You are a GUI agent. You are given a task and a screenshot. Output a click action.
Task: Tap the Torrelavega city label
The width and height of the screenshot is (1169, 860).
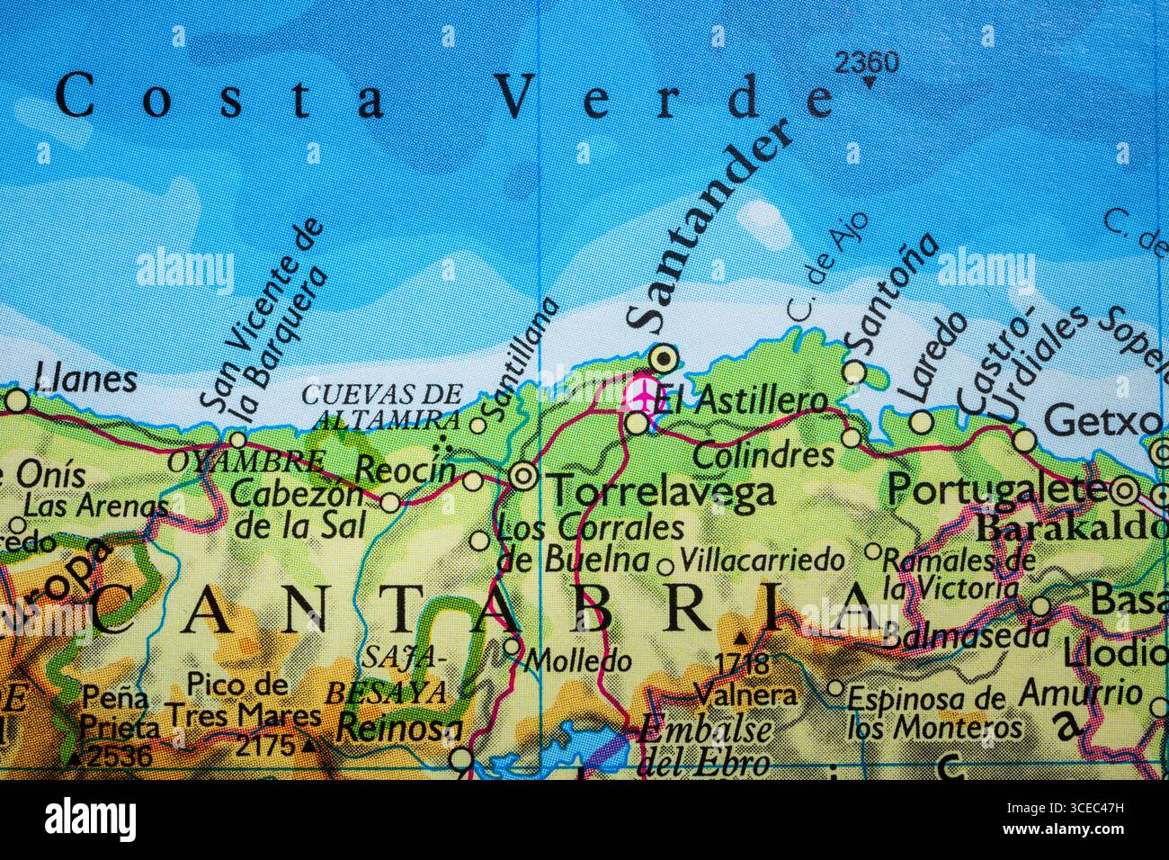coord(662,491)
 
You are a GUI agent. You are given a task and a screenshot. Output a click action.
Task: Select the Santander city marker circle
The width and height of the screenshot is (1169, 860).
coord(665,359)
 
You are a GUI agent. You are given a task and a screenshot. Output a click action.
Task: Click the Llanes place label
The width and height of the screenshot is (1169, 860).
coord(85,379)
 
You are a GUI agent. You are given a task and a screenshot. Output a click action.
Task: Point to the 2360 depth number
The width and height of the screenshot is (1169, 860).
coord(866,62)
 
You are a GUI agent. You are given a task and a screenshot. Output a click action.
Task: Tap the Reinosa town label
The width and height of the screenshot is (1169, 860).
coord(393,730)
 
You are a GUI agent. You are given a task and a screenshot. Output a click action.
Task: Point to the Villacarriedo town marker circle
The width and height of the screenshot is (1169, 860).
coord(665,567)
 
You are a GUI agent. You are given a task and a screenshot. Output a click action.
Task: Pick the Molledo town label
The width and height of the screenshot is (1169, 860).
coord(578,661)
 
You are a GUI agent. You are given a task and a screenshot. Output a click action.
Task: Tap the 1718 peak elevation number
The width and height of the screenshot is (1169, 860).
coord(742,665)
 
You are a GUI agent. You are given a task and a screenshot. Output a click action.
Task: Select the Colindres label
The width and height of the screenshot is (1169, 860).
coord(763,454)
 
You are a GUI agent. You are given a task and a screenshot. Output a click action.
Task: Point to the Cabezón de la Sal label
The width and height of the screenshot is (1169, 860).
coord(299,507)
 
